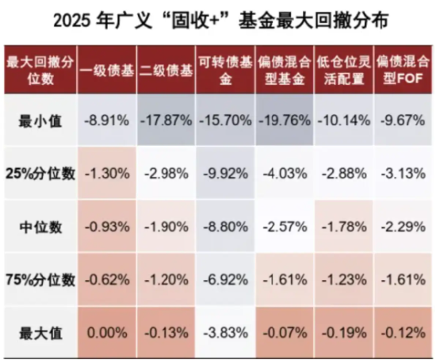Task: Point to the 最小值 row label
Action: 40,121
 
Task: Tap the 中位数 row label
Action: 40,228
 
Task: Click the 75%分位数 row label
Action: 40,279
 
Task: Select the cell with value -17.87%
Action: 166,121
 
